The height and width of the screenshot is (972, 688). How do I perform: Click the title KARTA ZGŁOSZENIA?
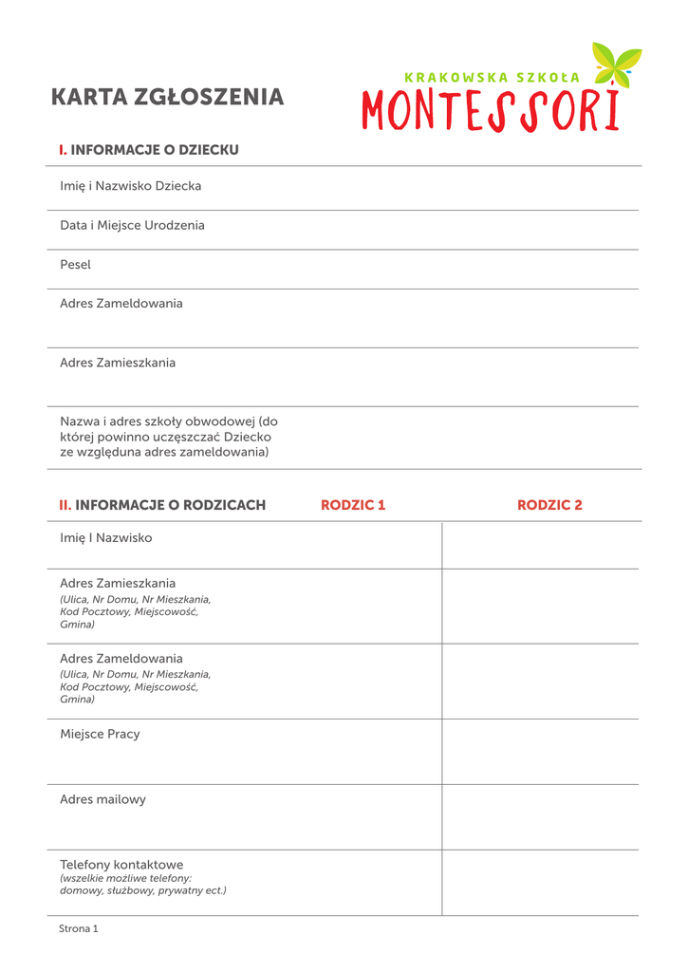tap(167, 97)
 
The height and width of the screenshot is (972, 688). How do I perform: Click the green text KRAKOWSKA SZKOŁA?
tap(491, 77)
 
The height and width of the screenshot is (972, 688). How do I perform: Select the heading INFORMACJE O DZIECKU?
tap(155, 150)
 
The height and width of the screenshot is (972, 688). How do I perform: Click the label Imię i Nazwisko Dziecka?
tap(131, 186)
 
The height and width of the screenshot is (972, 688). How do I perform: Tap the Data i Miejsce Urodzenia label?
tap(132, 226)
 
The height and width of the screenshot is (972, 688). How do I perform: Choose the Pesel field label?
tap(76, 265)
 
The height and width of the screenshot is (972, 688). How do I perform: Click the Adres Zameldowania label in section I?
tap(121, 304)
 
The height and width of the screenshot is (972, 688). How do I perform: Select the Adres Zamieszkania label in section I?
tap(118, 363)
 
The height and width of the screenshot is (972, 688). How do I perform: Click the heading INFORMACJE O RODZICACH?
tap(170, 505)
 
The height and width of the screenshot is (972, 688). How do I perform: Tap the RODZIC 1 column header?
tap(353, 505)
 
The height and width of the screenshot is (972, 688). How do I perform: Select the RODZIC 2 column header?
tap(549, 505)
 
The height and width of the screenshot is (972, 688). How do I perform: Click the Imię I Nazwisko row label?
tap(106, 538)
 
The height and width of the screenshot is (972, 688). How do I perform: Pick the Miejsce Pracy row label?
tap(100, 734)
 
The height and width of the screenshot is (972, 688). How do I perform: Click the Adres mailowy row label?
tap(103, 799)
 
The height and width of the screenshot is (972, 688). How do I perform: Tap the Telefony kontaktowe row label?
tap(121, 865)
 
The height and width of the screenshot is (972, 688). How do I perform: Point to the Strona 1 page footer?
tap(79, 928)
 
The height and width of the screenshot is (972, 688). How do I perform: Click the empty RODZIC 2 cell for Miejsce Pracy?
tap(540, 751)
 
